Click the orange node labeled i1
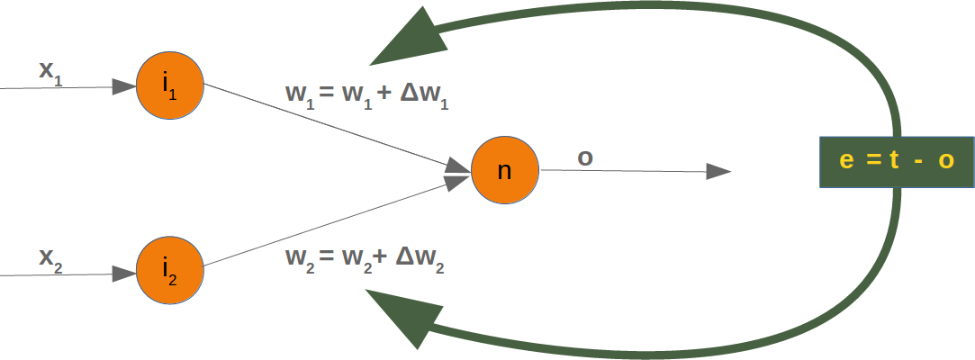(170, 86)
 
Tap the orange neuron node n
(505, 169)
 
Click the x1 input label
(50, 71)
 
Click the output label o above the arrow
(585, 157)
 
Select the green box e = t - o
(897, 162)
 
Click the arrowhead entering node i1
(124, 87)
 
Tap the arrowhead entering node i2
(124, 274)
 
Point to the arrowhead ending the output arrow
(718, 171)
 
